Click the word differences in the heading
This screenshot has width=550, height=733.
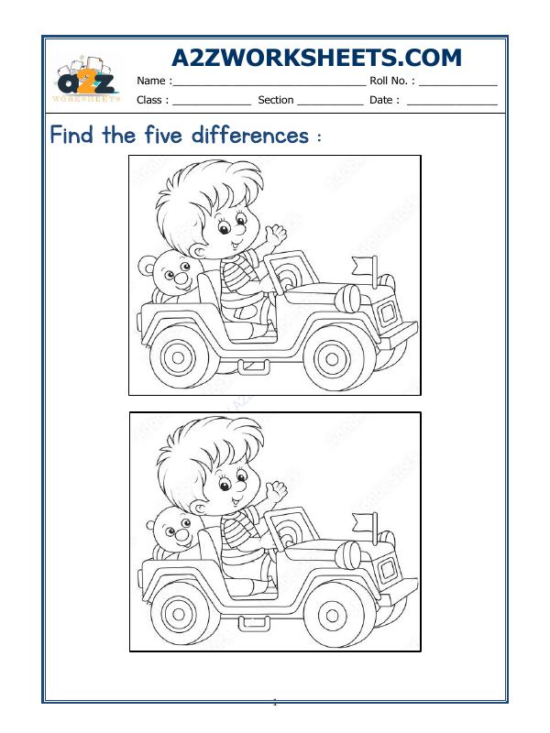pos(250,137)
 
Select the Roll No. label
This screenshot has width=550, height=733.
pos(391,81)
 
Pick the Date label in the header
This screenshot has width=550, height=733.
pos(384,100)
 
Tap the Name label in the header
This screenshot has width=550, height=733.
pos(154,81)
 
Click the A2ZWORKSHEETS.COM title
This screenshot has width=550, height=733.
pos(317,58)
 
